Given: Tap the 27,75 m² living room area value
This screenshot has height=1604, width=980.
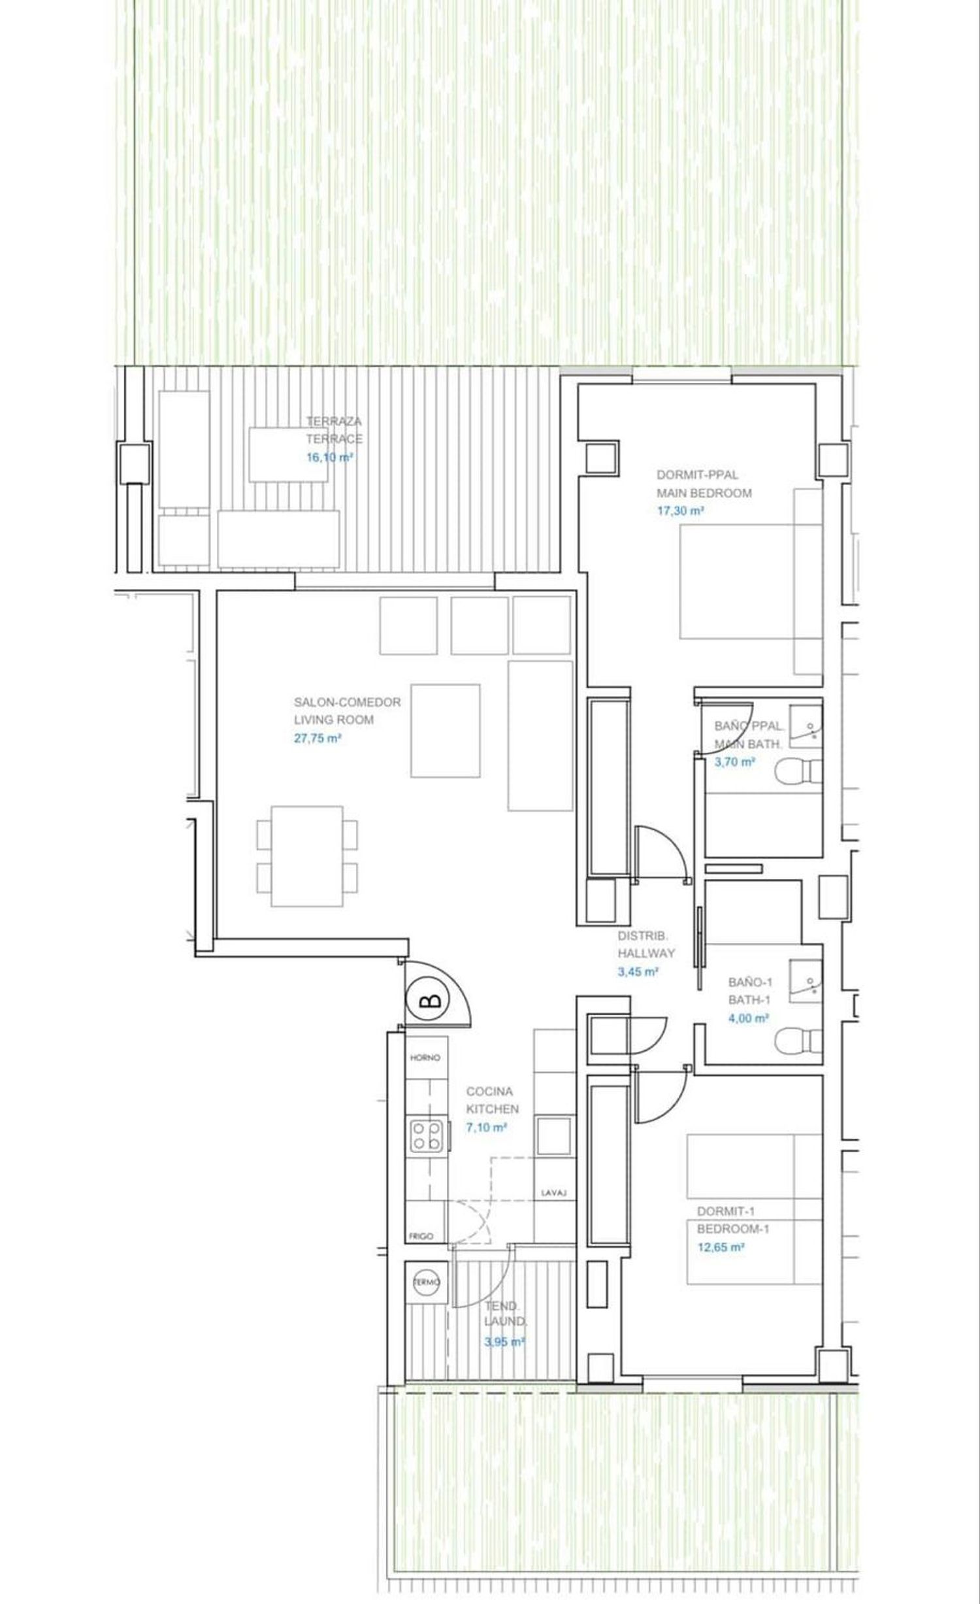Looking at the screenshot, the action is (318, 739).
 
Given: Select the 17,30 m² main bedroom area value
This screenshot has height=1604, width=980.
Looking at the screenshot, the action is (681, 511).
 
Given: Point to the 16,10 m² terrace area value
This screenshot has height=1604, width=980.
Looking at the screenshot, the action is (330, 458).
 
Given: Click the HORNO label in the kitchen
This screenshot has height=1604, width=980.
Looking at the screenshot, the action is (425, 1058).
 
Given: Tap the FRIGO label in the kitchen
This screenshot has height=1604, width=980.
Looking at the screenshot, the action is (421, 1236).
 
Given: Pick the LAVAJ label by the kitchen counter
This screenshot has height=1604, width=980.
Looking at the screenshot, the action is (553, 1193).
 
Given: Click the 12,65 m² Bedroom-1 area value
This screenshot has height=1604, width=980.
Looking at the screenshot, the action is (721, 1247).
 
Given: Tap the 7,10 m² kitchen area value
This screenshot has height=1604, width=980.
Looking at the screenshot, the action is (487, 1128).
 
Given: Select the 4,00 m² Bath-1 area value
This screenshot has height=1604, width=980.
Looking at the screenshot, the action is (749, 1018).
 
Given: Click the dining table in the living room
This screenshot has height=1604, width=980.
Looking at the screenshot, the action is (307, 856).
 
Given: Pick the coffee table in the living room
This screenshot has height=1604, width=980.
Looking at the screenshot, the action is (446, 731).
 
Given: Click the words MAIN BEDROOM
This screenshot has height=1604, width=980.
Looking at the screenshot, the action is (704, 493).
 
